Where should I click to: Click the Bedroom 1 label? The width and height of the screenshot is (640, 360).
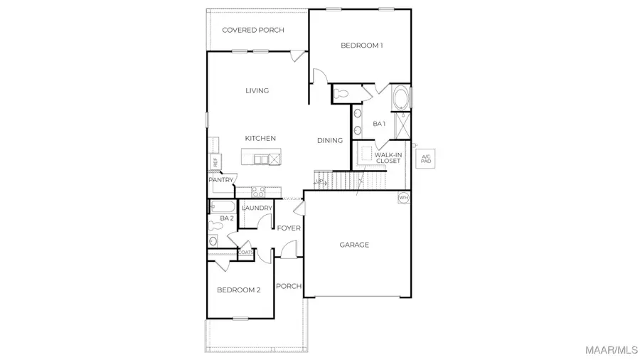pos(362,46)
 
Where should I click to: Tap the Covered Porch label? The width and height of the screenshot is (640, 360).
pos(253,30)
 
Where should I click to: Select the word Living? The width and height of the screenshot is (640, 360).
pos(257,90)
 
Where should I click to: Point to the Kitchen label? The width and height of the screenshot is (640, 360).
pos(260,138)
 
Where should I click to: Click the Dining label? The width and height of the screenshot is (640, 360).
pos(330,140)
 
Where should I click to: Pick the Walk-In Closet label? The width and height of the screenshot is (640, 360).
pos(388,158)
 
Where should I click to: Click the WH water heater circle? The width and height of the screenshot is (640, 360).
pos(404,197)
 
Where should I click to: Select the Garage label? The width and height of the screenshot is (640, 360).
pos(354,245)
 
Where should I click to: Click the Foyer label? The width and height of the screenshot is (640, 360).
pos(289,228)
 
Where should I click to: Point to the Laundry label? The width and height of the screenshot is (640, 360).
pos(257,208)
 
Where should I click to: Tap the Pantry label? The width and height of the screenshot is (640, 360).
pos(220,180)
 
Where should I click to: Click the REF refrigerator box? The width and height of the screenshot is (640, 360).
pos(214,162)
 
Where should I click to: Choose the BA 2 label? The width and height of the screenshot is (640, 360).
pos(227,218)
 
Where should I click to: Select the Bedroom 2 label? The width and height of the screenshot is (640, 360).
pos(239,290)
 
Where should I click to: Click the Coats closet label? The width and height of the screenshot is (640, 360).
pos(246,252)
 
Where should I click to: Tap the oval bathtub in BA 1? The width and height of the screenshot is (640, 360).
pos(401,97)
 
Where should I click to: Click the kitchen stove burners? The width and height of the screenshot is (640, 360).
pos(259,191)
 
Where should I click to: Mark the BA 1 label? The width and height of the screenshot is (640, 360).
pos(379,124)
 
